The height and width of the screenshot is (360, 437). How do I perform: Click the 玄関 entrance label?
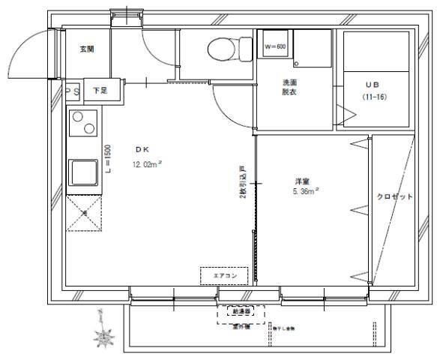tap(86, 49)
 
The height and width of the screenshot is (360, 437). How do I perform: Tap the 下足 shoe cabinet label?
tap(100, 91)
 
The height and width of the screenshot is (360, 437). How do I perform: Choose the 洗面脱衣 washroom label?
tap(291, 87)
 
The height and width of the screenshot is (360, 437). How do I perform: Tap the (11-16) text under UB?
tap(375, 97)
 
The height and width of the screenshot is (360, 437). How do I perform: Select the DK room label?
tap(143, 148)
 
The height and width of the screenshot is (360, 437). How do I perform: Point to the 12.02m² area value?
tap(148, 163)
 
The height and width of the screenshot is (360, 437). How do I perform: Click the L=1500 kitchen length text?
tap(108, 157)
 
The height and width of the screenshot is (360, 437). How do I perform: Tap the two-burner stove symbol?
tap(84, 123)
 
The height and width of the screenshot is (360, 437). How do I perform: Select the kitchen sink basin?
tap(84, 173)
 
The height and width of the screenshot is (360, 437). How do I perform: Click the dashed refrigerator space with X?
tap(83, 212)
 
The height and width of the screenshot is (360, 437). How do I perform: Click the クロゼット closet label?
tap(394, 196)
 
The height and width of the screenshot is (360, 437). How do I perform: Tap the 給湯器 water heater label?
tap(241, 309)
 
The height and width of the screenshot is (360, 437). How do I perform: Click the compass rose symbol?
tap(103, 334)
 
